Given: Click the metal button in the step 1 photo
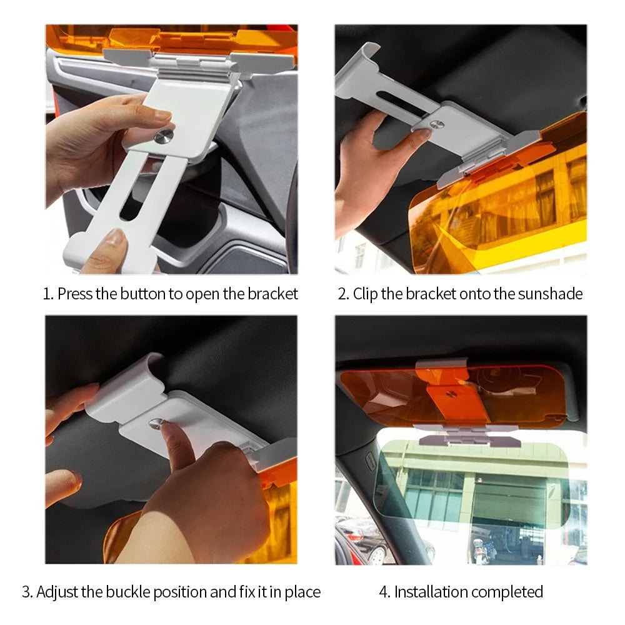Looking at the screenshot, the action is tap(164, 137).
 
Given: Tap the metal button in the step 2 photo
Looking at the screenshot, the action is tap(436, 124).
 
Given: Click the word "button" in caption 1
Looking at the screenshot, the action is tap(142, 294).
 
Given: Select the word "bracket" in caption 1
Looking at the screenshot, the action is tap(273, 294).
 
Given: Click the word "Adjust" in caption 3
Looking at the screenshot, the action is tap(57, 592).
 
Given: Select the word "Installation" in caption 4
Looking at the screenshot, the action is tap(430, 592).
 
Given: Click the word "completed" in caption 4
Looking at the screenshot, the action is tap(506, 592).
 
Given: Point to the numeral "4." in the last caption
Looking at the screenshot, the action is tap(384, 592).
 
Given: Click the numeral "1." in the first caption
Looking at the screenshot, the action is tap(48, 294).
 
